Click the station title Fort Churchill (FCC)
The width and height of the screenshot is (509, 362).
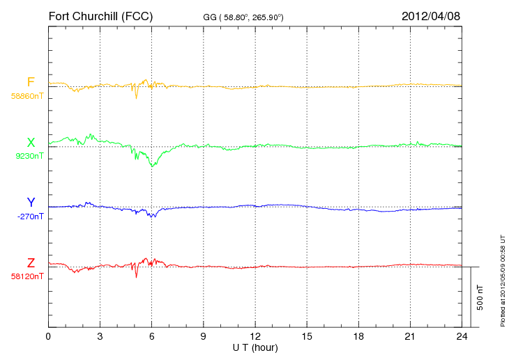[x=100, y=16]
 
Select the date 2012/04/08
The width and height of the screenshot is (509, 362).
[x=431, y=16]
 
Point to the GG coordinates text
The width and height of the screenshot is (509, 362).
[x=243, y=17]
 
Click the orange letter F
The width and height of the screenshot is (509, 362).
[x=31, y=83]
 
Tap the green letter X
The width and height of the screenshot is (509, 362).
[x=31, y=143]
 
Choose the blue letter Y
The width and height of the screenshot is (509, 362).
[x=31, y=203]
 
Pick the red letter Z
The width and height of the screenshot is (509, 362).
[x=31, y=263]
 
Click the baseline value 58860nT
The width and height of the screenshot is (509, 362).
[x=27, y=96]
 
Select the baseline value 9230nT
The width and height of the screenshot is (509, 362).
[x=29, y=156]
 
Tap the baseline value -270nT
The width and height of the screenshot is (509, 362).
[x=29, y=217]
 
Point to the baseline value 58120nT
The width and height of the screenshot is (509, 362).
[x=27, y=276]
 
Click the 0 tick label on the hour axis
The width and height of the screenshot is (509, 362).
[x=48, y=337]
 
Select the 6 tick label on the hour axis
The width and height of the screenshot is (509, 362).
[x=151, y=337]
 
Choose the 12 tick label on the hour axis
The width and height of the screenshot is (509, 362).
[x=255, y=337]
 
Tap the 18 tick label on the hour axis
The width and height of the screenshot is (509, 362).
[x=358, y=337]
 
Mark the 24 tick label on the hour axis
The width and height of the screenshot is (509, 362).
[x=462, y=337]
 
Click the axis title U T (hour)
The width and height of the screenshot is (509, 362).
[x=254, y=347]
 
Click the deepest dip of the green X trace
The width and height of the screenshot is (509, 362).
[x=152, y=166]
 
